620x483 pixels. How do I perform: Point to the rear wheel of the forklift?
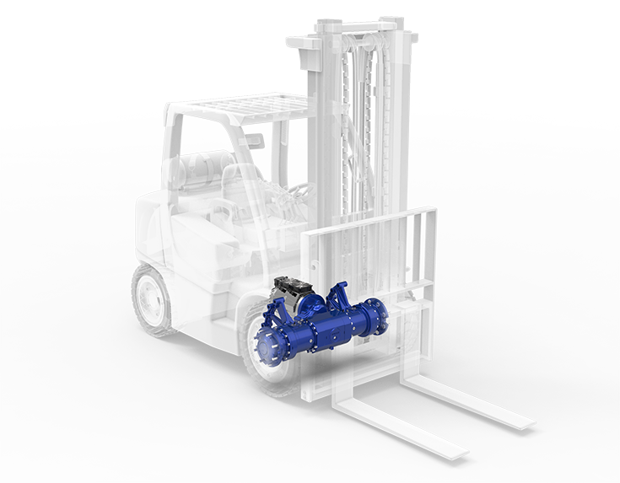pyautogui.click(x=153, y=298)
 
